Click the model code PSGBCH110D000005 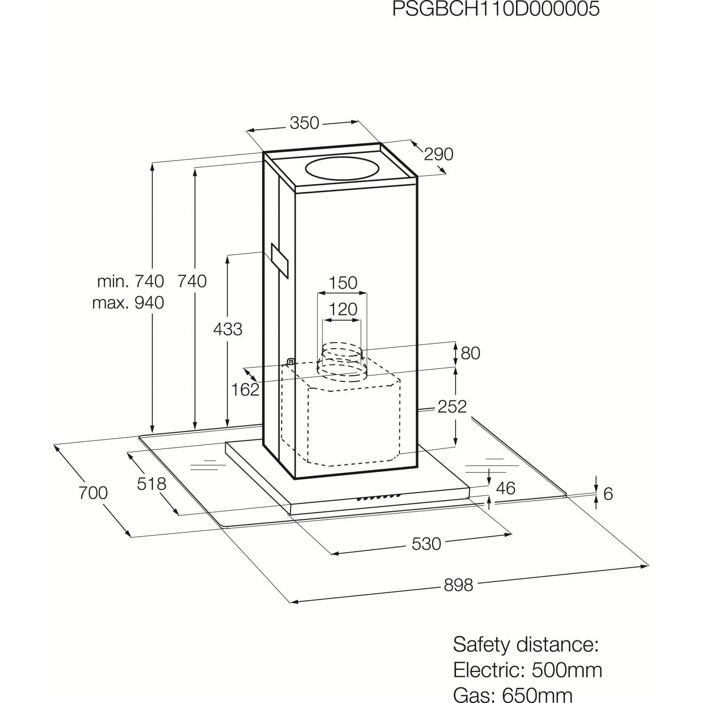click(496, 9)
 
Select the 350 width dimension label click(304, 123)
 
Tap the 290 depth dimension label click(438, 154)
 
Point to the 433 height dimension click(228, 329)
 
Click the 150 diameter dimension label click(343, 283)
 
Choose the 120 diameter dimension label click(343, 309)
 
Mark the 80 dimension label click(471, 353)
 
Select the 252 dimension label click(452, 406)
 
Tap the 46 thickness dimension click(505, 488)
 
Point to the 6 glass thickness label click(608, 494)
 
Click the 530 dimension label click(426, 544)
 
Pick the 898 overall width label click(458, 585)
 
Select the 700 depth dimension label click(93, 493)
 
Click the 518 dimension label click(152, 483)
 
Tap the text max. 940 click(128, 303)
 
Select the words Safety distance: click(526, 644)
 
